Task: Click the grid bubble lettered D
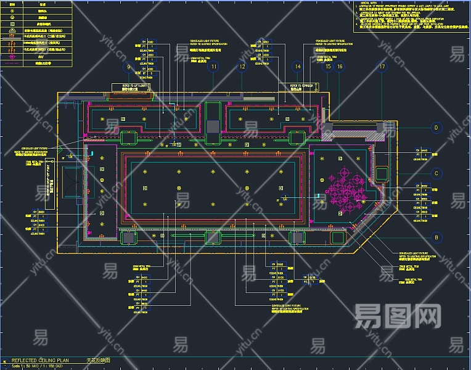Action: coord(436,128)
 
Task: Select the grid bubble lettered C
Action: coord(436,173)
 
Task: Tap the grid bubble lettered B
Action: coord(436,237)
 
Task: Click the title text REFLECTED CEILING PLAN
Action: coord(45,360)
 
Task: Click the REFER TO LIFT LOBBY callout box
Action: coord(130,88)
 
